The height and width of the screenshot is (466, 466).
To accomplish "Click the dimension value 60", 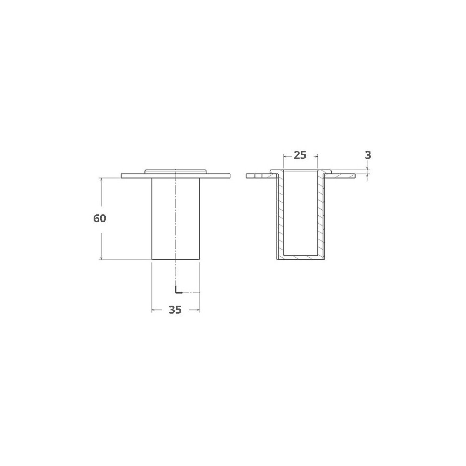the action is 100,219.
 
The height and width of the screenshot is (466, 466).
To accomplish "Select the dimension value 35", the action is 175,310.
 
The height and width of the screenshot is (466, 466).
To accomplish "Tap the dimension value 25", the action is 300,155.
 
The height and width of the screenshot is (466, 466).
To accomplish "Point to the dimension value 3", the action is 368,155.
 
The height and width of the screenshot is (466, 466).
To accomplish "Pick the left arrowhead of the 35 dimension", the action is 154,310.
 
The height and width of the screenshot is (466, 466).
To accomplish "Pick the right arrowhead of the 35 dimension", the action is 197,310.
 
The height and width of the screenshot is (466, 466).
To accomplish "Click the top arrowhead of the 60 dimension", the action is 101,180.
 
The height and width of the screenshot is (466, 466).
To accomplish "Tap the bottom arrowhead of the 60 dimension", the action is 101,257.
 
